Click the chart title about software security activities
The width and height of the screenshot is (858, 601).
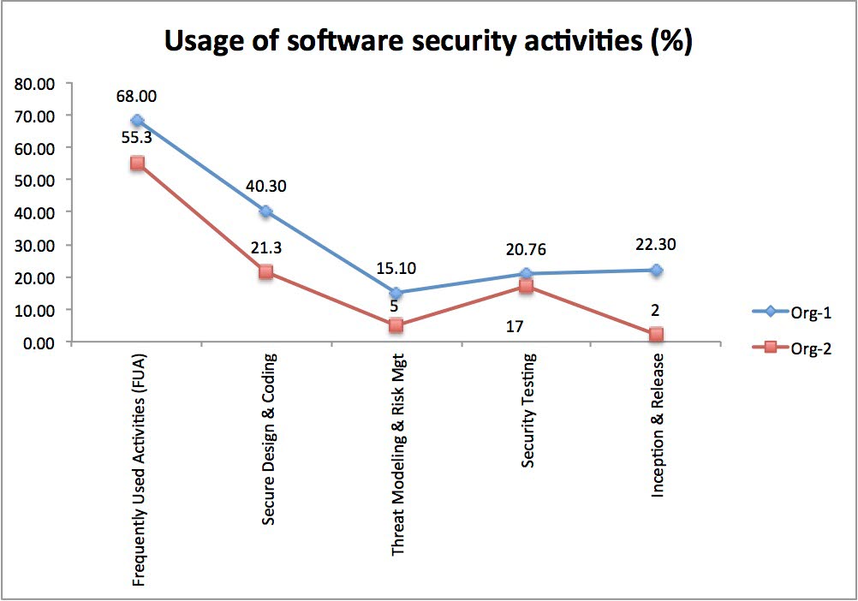(428, 41)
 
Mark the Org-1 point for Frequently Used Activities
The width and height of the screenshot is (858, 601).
(137, 121)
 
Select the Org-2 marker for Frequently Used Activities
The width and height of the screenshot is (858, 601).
(137, 163)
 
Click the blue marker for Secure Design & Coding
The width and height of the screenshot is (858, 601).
(266, 211)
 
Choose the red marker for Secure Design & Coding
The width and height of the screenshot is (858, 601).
(266, 272)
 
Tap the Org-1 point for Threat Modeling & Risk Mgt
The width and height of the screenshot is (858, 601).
(396, 293)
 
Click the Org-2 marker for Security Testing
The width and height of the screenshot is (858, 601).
(526, 287)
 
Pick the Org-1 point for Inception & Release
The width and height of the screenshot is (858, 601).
(656, 270)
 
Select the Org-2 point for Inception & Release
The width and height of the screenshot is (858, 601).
(656, 335)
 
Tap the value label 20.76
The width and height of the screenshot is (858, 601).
(526, 251)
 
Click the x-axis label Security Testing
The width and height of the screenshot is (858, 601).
(529, 409)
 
